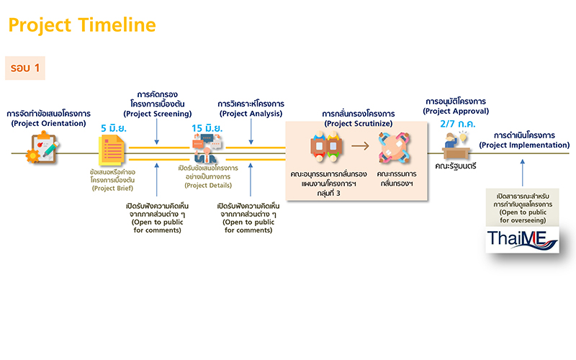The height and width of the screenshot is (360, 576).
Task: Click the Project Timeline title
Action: pos(81,26)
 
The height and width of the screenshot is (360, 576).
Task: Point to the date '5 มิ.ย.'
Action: pos(114,128)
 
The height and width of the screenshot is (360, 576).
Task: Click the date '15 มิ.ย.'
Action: pos(206,128)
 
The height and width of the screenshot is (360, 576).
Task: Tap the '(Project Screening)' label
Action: pos(157,114)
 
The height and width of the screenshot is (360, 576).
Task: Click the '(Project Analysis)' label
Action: pos(251,114)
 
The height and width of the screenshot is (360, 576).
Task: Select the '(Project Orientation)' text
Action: pos(48,124)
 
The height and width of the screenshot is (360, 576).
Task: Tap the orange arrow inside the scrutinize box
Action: pos(361,146)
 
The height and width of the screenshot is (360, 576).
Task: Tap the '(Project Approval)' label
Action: pos(456,111)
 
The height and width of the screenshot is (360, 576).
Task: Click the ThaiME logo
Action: pos(522,239)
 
